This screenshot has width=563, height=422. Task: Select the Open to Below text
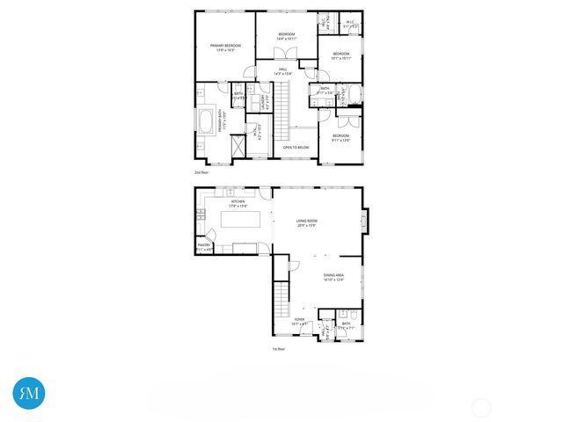point(295,147)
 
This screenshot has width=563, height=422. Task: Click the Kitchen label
point(238,202)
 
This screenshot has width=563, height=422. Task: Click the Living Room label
point(306,222)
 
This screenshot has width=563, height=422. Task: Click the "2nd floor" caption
point(201,172)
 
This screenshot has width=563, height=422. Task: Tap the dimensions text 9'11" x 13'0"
point(340,140)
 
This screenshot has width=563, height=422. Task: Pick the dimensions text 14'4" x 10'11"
point(287,38)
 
